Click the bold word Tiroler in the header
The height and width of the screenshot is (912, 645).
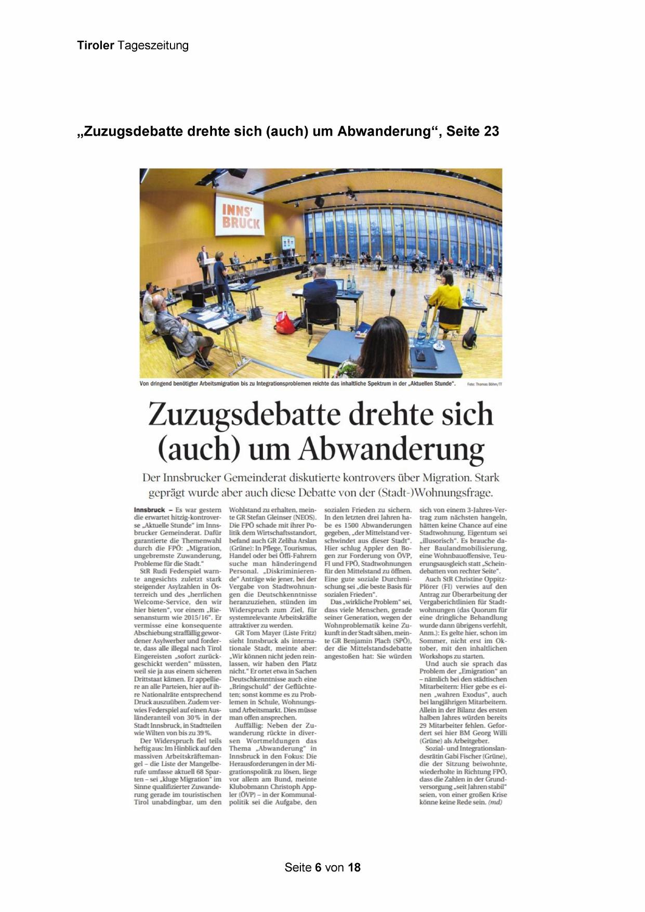[96, 45]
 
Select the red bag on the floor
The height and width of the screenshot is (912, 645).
[284, 322]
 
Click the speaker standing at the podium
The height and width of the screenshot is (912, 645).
[203, 263]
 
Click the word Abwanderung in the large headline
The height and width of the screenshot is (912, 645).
[391, 450]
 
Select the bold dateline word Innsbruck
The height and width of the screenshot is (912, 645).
[149, 510]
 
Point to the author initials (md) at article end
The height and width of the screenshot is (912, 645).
[495, 802]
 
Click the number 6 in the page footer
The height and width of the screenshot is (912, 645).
[318, 867]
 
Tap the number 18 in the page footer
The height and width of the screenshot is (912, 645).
[354, 867]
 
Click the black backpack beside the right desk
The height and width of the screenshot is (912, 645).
[469, 337]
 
